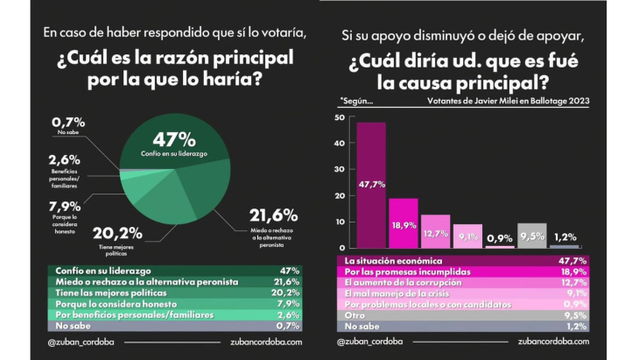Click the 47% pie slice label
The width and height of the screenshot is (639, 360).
coord(174,140)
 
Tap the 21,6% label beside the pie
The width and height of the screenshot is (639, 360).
coord(273,215)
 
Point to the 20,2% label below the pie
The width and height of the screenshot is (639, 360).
coord(116,234)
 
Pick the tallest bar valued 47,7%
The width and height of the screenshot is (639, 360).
coord(371,184)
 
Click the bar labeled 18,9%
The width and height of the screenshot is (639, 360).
coord(403,222)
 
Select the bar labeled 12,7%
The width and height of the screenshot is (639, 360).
coord(435,231)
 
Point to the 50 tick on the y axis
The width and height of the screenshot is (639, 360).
coord(340,116)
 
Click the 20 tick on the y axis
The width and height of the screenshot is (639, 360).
coord(340,196)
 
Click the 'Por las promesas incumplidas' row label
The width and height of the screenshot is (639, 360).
coord(401,272)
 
